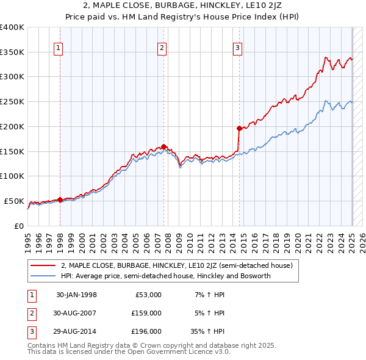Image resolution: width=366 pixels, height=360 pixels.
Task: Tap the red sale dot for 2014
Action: pos(239,128)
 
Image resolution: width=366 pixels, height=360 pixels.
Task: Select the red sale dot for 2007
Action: pos(164,146)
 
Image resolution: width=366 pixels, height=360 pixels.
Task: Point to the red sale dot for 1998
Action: pos(60,199)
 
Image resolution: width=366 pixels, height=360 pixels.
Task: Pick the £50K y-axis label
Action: pos(14,201)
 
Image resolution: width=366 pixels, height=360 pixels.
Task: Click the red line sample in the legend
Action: pos(43,265)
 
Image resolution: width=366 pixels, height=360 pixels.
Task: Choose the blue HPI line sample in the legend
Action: pos(43,276)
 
